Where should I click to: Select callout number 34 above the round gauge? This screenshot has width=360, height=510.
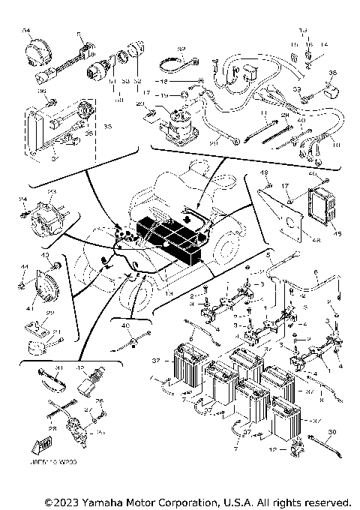pos(25,28)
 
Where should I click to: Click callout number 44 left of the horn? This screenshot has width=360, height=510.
pos(24,268)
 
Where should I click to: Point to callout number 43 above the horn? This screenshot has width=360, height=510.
pos(46,256)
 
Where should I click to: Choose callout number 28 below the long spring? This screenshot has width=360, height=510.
pos(53,429)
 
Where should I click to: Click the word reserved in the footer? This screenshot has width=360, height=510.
pos(328,501)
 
